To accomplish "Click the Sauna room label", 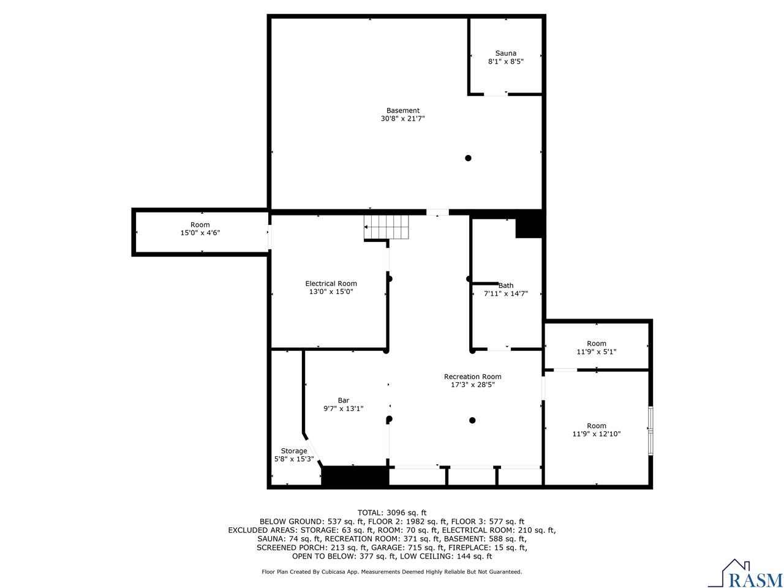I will point(506,53).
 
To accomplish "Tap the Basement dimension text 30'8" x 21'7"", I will point(402,119).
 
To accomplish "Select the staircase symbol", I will point(386,227).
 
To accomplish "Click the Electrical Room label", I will point(331,284).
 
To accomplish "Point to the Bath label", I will point(506,285).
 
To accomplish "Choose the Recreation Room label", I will point(472,377).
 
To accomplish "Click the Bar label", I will point(343,401).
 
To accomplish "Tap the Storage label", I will point(294,451).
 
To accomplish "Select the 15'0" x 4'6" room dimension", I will point(200,233).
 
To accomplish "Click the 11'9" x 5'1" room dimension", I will point(596,352).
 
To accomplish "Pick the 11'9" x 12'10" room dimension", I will point(596,434).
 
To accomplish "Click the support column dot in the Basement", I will point(468,158).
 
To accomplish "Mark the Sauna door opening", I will point(496,94).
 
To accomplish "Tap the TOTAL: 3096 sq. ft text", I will point(392,513).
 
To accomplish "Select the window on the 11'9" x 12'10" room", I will point(651,431).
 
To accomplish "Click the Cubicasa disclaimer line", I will point(392,571).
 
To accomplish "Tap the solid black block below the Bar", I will point(355,477).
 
